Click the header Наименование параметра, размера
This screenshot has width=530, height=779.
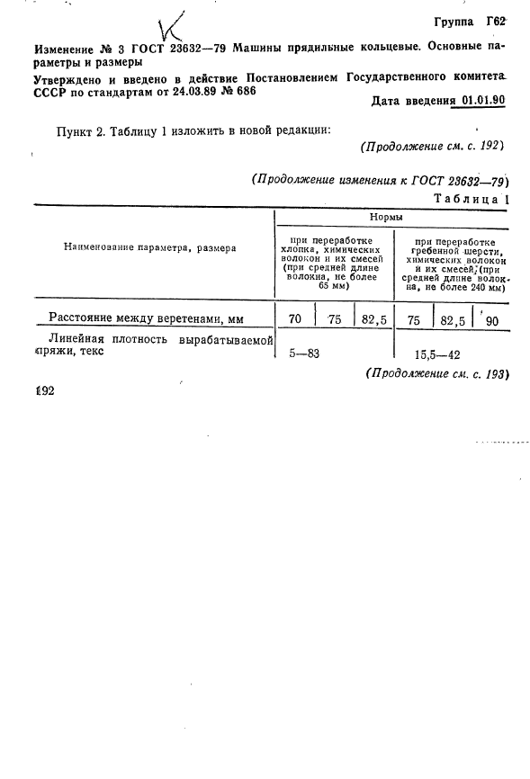(x=149, y=247)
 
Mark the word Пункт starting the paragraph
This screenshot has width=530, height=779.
(x=75, y=131)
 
